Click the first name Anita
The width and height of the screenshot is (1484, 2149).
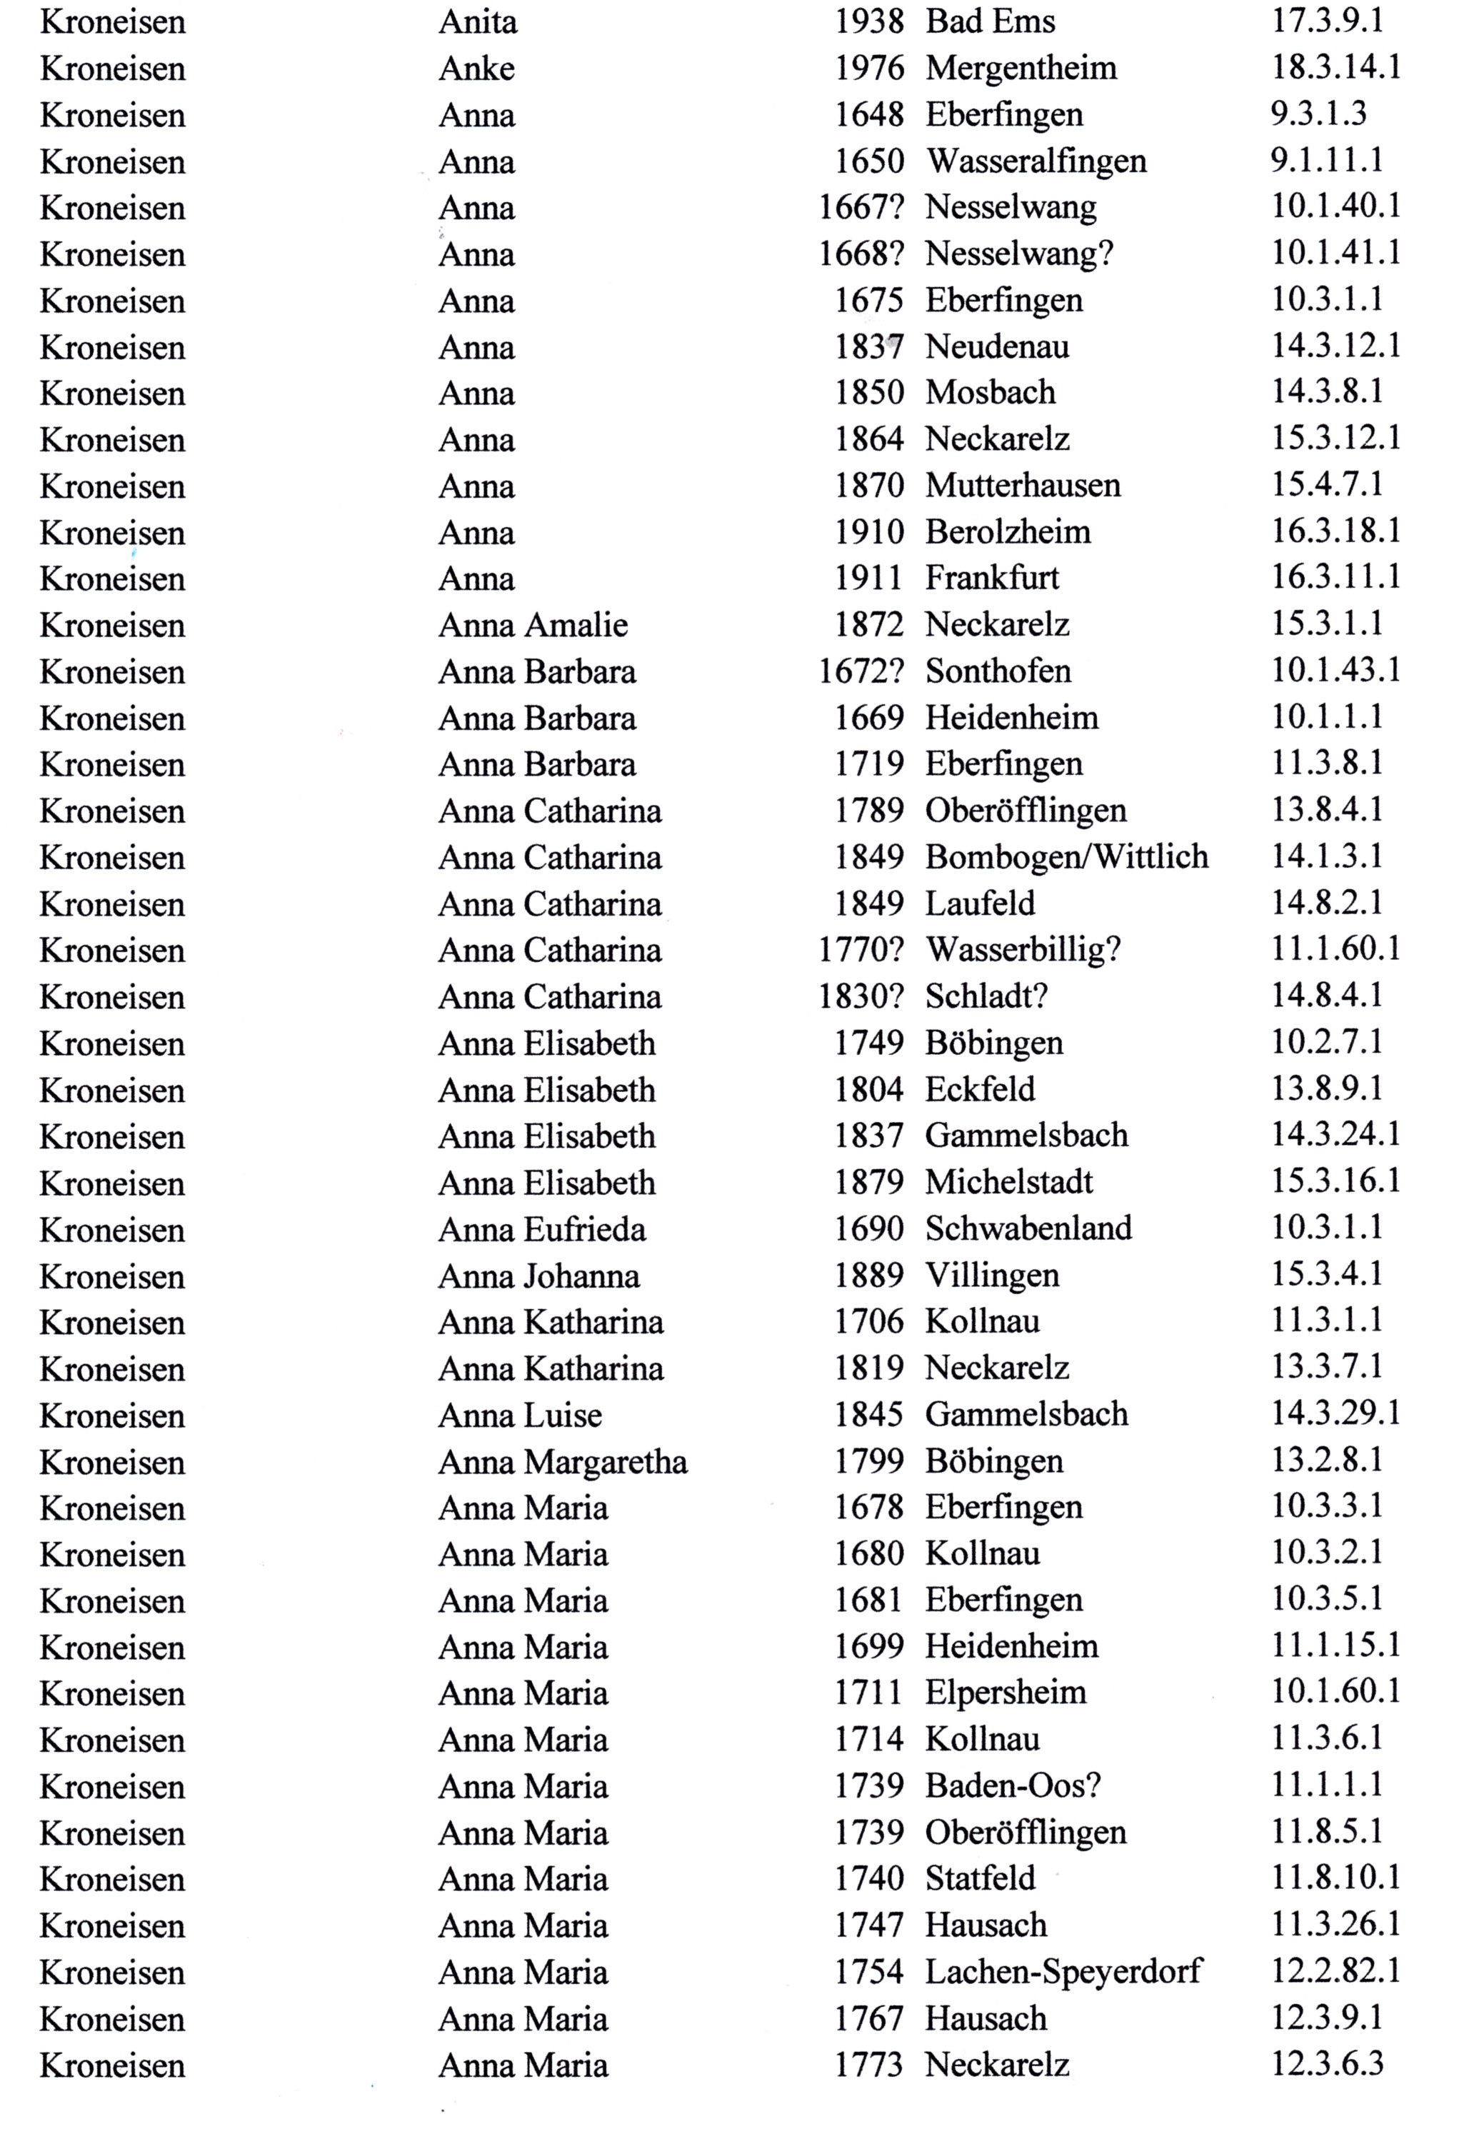pyautogui.click(x=477, y=22)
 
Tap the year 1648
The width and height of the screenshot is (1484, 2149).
pyautogui.click(x=868, y=114)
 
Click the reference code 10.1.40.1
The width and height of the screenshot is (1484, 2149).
pyautogui.click(x=1335, y=206)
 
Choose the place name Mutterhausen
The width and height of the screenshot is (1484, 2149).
pyautogui.click(x=1023, y=486)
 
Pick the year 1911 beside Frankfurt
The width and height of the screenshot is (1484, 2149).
pyautogui.click(x=868, y=578)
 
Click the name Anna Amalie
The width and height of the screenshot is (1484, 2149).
pyautogui.click(x=533, y=625)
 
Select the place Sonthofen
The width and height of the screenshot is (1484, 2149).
pyautogui.click(x=998, y=671)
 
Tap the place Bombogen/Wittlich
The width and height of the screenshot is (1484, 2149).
pyautogui.click(x=1066, y=856)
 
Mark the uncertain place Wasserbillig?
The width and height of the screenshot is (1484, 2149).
pyautogui.click(x=1023, y=949)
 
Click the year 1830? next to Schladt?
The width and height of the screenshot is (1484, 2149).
pyautogui.click(x=860, y=996)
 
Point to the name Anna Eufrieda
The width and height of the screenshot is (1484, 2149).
pyautogui.click(x=541, y=1229)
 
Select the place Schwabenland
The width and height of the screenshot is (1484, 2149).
pyautogui.click(x=1028, y=1228)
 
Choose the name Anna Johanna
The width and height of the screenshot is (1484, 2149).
pyautogui.click(x=538, y=1276)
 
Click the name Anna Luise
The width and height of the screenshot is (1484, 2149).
pyautogui.click(x=520, y=1416)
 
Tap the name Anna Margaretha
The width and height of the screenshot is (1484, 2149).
pyautogui.click(x=563, y=1462)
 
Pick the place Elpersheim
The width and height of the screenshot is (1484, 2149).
pyautogui.click(x=1005, y=1693)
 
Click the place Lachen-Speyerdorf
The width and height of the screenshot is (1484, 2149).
pyautogui.click(x=1063, y=1971)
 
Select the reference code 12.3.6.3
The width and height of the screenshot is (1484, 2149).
pyautogui.click(x=1327, y=2065)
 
